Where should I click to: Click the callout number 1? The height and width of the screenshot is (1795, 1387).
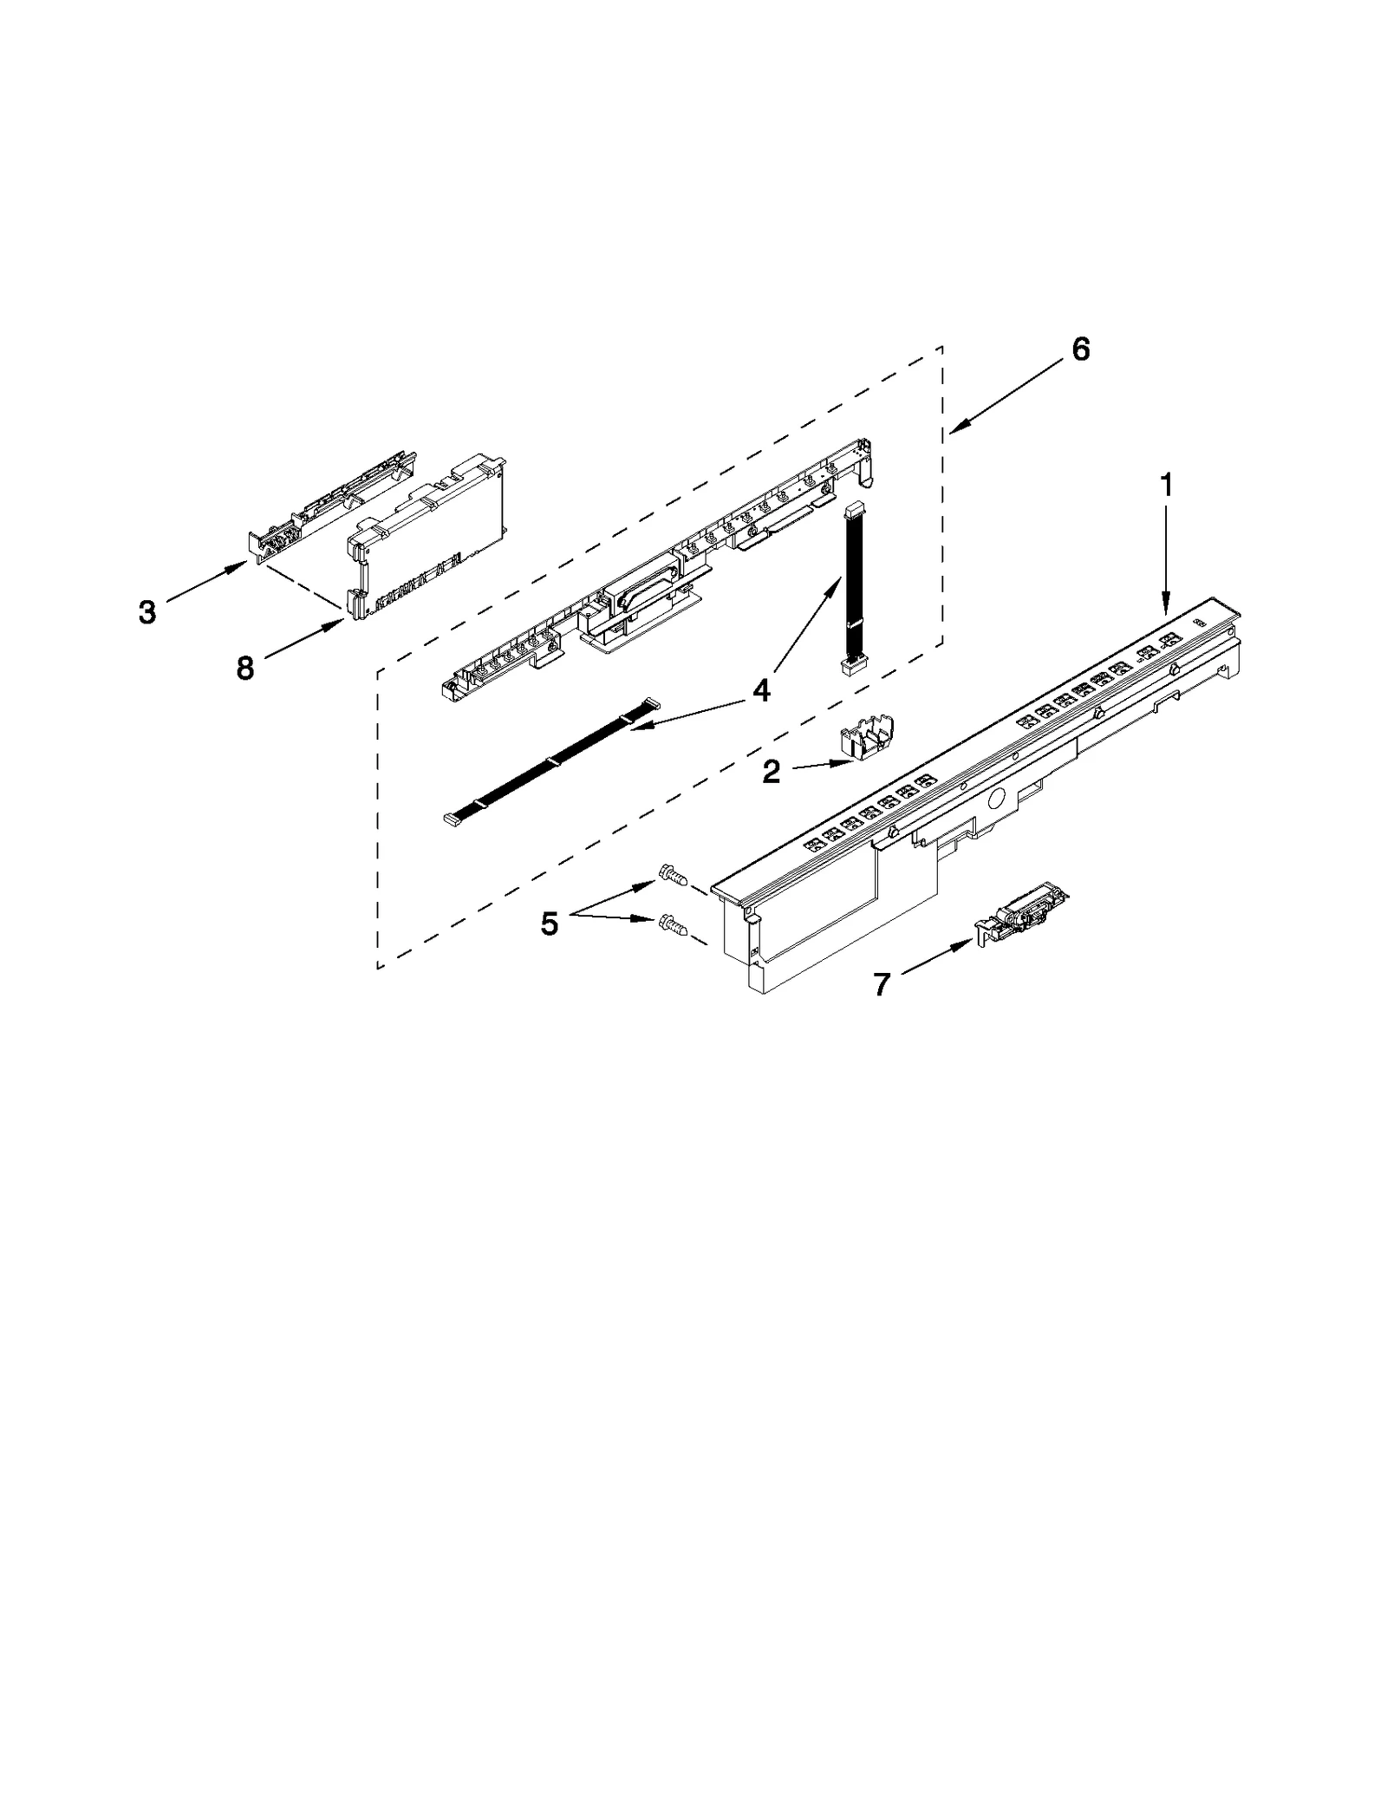(1167, 486)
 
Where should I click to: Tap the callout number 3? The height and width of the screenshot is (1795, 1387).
(147, 612)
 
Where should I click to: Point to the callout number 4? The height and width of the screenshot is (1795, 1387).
(760, 690)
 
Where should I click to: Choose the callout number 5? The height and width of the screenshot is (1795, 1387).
(549, 924)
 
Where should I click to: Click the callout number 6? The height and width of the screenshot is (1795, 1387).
(1080, 349)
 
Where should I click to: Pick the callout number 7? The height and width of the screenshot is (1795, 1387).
(882, 984)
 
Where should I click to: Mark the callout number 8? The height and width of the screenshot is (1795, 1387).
(245, 668)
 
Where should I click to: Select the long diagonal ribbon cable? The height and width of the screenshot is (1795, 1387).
(551, 760)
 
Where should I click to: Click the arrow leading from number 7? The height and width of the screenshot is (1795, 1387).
(936, 960)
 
